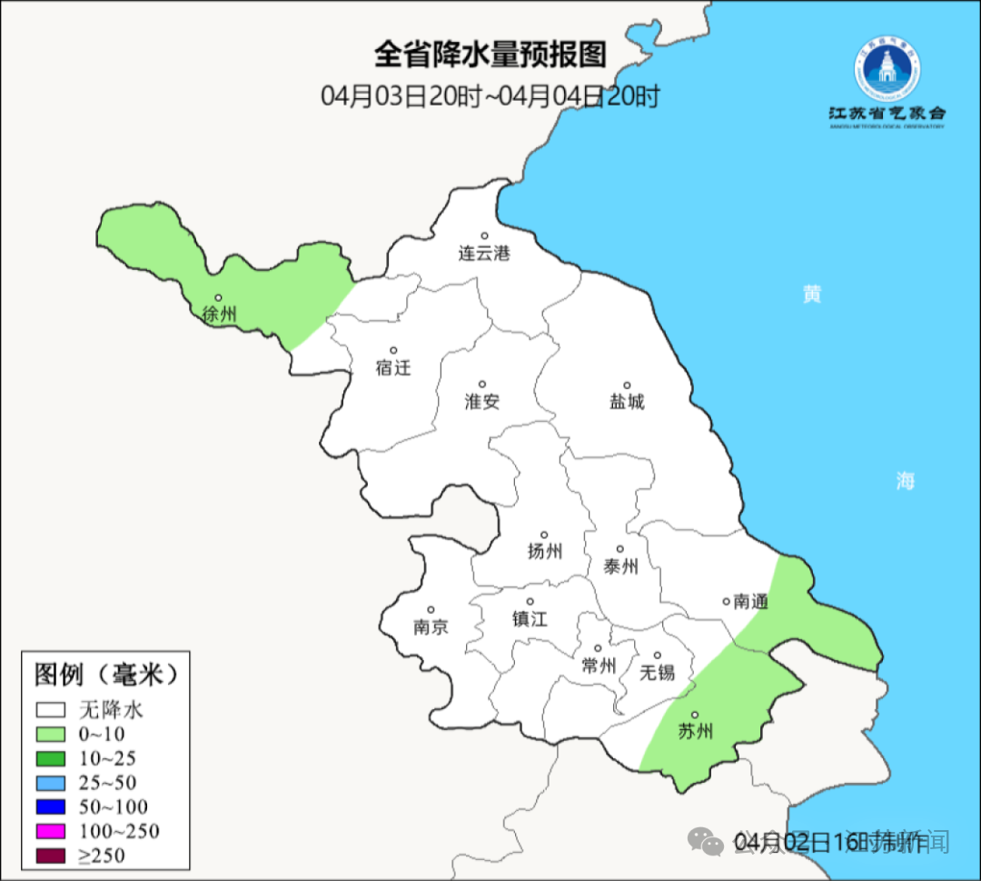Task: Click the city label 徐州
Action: [220, 315]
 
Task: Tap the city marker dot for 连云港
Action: [485, 236]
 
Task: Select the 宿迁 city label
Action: [393, 368]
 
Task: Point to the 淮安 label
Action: [482, 402]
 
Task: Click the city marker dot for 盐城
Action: [626, 385]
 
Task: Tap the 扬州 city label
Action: [545, 551]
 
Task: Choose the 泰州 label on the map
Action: [620, 566]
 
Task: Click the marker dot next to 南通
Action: [726, 601]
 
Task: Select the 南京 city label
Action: [431, 627]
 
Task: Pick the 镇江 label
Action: [530, 618]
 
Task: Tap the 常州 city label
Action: [599, 666]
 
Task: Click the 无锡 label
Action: [658, 673]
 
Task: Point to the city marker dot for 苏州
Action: [695, 716]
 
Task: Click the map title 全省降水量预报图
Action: [490, 55]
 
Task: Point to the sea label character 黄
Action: [811, 294]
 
